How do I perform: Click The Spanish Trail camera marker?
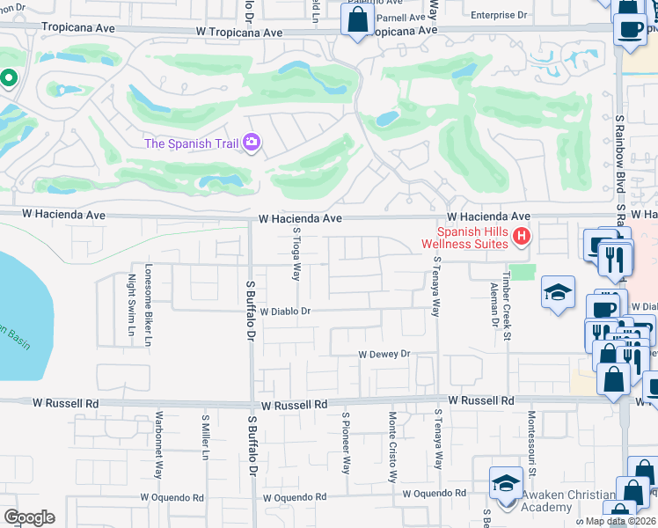point(252,143)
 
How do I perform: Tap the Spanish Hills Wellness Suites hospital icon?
point(522,236)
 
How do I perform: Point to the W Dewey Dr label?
point(384,354)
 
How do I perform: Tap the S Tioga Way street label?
point(296,252)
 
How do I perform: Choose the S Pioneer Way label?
point(346,443)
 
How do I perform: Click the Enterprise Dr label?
point(498,15)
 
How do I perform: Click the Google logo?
point(29,517)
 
